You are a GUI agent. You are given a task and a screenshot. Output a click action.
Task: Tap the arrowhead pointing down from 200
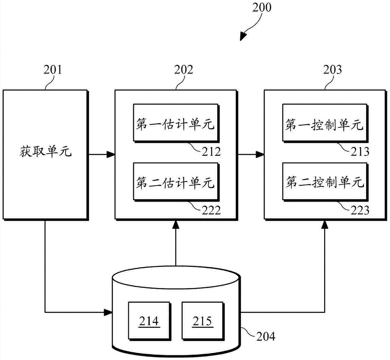click(x=244, y=36)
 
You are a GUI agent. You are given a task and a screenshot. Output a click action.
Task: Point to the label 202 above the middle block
click(x=183, y=70)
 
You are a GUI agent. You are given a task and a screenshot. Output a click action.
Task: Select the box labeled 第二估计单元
click(x=175, y=182)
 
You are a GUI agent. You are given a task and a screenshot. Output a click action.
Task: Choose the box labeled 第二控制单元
click(x=324, y=182)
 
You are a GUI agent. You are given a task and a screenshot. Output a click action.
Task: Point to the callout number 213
click(x=360, y=152)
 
